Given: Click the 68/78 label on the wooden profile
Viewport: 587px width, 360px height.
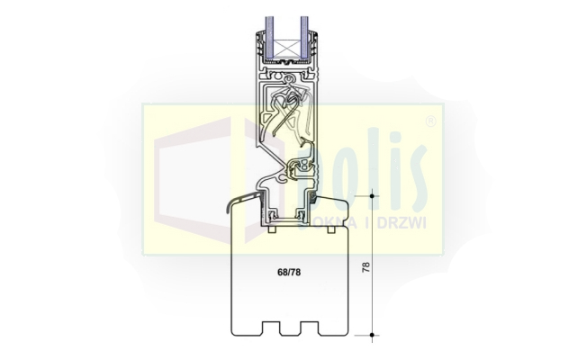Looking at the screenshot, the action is (x=289, y=273).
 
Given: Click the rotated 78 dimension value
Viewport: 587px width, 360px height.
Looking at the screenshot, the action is (x=366, y=266).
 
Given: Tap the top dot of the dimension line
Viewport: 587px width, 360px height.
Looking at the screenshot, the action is (x=372, y=196).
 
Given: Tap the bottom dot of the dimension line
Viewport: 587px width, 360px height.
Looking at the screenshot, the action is (x=372, y=335).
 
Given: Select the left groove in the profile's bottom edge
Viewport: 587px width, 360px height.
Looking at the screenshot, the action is (x=271, y=328).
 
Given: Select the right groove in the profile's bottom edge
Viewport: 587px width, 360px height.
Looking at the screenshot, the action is (x=310, y=328).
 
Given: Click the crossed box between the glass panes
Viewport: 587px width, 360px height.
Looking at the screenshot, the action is (x=287, y=49).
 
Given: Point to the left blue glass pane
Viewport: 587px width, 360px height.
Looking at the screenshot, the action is (x=269, y=38).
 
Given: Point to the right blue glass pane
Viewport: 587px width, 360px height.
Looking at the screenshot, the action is (x=304, y=38).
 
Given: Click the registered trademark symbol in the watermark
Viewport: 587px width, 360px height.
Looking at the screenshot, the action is (x=431, y=121).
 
